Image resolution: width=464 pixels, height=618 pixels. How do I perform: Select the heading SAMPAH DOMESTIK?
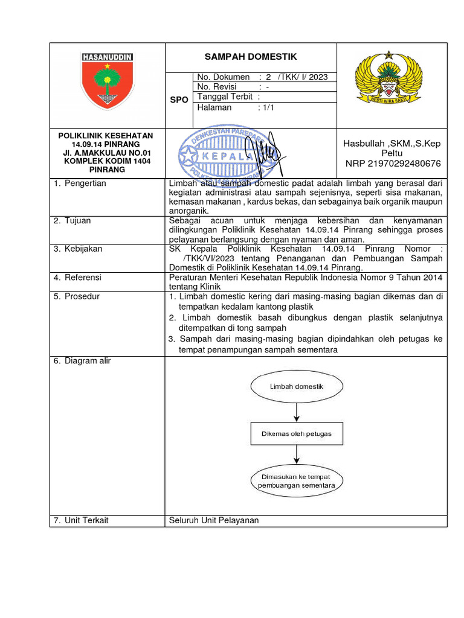[x=251, y=57]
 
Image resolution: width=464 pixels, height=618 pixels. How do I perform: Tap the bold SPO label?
[x=179, y=98]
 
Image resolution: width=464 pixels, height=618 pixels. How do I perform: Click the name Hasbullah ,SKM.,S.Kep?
[x=392, y=143]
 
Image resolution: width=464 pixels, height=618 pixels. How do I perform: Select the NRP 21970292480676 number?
[x=393, y=164]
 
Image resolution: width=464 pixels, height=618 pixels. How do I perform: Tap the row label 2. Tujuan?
[x=72, y=221]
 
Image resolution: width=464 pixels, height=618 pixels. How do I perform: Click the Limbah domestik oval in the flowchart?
[x=296, y=386]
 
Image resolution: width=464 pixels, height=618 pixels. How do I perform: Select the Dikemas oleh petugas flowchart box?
[x=296, y=433]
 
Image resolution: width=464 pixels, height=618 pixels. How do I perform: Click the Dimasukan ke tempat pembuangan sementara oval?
[x=296, y=481]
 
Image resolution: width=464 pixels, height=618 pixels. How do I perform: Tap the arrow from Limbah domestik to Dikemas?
[x=296, y=412]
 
